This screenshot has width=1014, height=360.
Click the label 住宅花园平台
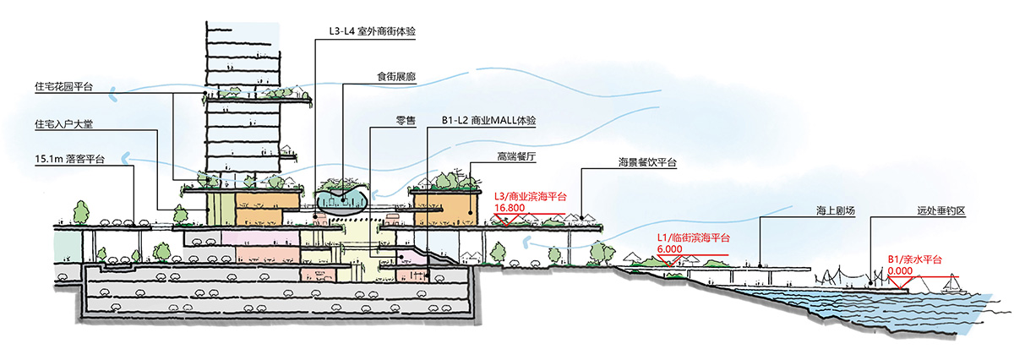(63, 86)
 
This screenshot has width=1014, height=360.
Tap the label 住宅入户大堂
(63, 123)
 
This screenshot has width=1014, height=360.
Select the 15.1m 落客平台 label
(69, 159)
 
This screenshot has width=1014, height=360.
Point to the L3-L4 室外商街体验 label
(372, 31)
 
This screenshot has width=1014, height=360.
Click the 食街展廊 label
(396, 77)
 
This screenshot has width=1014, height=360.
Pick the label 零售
(406, 121)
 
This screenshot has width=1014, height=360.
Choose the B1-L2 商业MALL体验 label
(489, 121)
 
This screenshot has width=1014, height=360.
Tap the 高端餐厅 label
(516, 156)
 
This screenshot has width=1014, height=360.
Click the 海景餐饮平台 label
(647, 162)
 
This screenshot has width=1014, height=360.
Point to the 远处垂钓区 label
(941, 210)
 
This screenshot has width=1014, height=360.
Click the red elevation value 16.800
(510, 208)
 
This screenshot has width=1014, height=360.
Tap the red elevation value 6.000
(669, 249)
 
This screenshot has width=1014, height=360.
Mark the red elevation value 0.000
(900, 270)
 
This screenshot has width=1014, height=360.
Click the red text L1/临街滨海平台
(693, 237)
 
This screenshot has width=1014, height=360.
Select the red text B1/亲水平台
(914, 259)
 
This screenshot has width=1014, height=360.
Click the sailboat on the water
(953, 285)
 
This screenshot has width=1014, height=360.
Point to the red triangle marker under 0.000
(899, 283)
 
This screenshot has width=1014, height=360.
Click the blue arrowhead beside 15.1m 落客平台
(125, 158)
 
